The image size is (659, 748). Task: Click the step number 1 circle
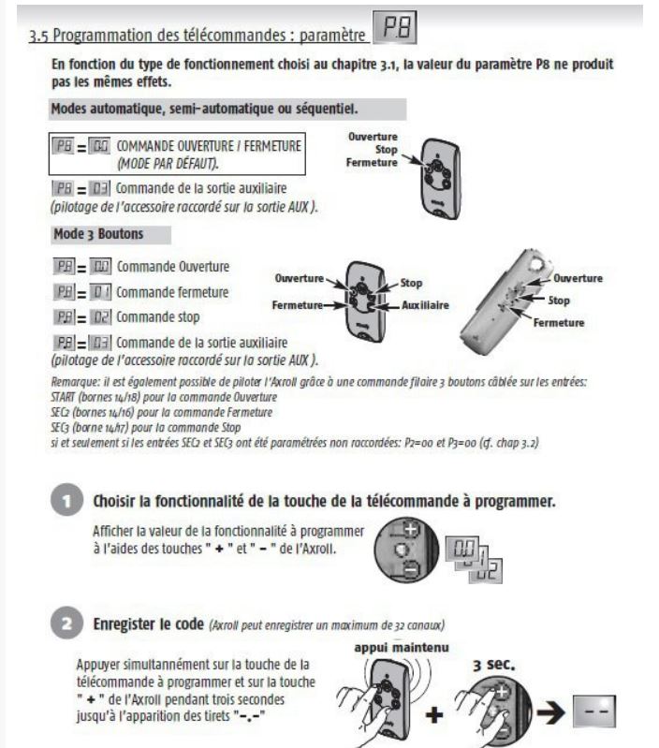pos(66,500)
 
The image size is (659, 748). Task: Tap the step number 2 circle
pos(66,623)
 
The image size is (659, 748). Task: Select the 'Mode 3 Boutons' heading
pos(95,232)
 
